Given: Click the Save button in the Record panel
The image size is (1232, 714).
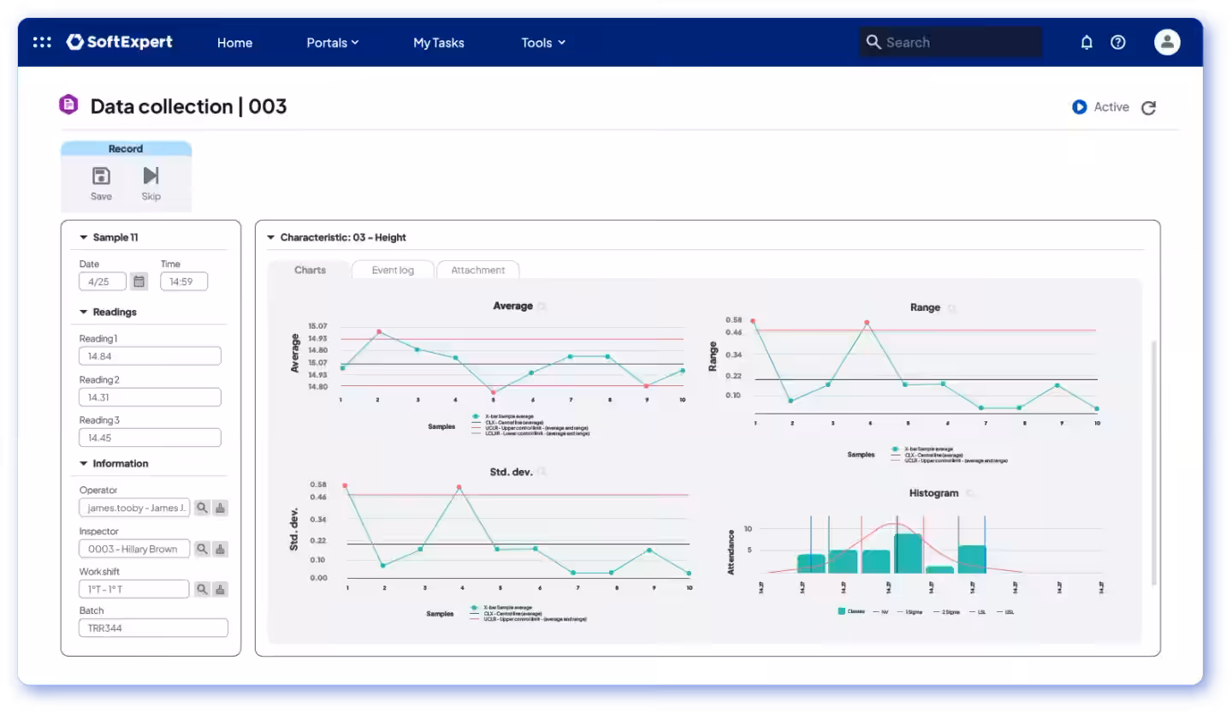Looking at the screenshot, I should point(101,182).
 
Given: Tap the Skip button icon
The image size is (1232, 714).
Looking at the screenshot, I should point(151,182).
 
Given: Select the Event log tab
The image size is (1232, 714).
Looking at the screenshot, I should point(393,270).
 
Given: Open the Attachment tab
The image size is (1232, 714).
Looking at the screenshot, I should point(477,270).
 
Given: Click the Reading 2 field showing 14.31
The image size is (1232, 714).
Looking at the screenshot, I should point(150,397).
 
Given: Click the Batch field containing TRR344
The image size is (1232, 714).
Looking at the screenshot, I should point(153,628).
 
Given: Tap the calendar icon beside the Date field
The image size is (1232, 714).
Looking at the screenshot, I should point(139,281).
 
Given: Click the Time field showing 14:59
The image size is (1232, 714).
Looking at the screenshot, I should point(183,281).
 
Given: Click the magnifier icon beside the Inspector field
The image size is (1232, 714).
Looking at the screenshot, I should point(202,549).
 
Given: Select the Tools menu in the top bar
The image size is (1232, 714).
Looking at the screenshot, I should point(543,43).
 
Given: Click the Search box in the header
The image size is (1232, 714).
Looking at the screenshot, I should point(951,42).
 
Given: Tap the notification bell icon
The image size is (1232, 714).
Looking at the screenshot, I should point(1087,42).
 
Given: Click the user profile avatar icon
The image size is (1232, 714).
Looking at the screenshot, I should point(1167,42).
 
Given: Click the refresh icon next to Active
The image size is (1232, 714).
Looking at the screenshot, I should point(1149,108).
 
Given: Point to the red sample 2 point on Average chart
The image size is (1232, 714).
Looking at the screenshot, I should point(379,332).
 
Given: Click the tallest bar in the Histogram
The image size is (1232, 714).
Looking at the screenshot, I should point(908,553).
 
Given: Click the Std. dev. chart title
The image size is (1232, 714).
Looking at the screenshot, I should point(512,471).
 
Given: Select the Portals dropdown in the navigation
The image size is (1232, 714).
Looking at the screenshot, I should point(332,43).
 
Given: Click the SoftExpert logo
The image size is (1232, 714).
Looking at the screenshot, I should point(119,42).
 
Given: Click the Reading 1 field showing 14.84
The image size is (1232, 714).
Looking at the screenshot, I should point(150,356).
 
